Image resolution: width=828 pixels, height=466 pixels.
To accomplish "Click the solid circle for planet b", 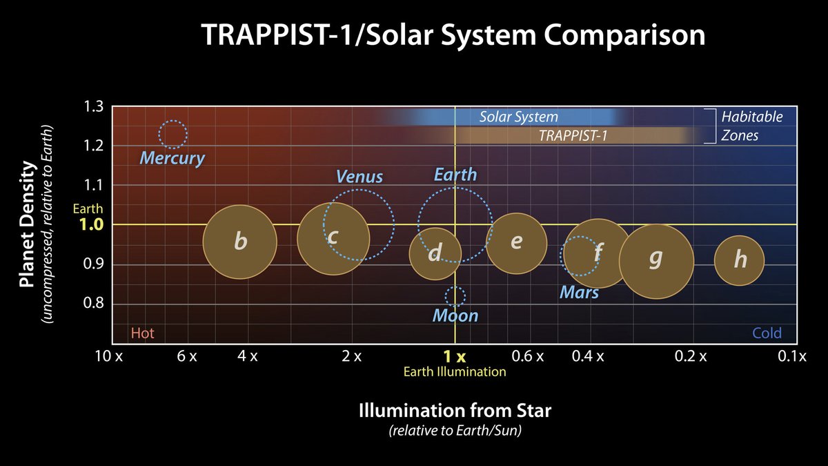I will [x=239, y=242].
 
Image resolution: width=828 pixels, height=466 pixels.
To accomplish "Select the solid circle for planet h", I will [x=739, y=260].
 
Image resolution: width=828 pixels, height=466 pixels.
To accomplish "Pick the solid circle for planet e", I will [x=516, y=243].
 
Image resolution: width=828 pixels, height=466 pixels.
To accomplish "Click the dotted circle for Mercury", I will [x=172, y=134].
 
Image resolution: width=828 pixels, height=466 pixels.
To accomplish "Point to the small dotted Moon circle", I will [x=455, y=296].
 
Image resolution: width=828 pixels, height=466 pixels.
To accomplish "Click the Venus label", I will [x=359, y=176].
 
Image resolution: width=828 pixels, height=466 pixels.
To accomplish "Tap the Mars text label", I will [x=579, y=293].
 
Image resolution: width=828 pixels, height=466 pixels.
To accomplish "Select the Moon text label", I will [x=455, y=316].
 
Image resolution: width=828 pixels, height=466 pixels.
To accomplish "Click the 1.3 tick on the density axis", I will [x=94, y=107].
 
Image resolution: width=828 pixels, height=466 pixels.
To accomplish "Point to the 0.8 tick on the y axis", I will [x=94, y=304].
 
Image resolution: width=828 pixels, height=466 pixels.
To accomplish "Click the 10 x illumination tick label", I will [x=108, y=357].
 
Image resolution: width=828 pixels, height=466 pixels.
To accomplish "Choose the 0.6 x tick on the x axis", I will [x=529, y=357].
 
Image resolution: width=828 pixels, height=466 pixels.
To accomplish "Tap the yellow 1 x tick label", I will [x=455, y=357].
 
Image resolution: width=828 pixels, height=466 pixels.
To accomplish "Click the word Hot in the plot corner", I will [x=142, y=334].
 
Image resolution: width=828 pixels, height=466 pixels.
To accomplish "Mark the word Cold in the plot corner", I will [x=767, y=334].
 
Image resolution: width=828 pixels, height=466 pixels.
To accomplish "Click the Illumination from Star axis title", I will [x=455, y=411].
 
